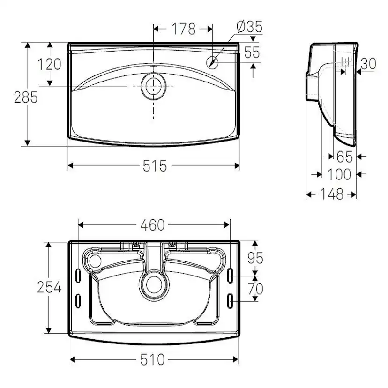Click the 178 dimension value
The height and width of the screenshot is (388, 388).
click(x=183, y=29)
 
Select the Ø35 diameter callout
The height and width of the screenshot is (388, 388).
click(x=249, y=27)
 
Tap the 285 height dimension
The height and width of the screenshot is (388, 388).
click(x=26, y=97)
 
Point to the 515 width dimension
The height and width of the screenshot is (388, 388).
click(x=155, y=166)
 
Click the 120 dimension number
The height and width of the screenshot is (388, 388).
click(x=49, y=64)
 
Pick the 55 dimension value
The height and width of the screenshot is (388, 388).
click(x=252, y=52)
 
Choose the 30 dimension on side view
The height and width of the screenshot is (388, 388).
click(x=368, y=64)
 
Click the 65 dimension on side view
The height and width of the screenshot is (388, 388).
click(x=345, y=157)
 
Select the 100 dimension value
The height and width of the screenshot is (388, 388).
click(x=339, y=174)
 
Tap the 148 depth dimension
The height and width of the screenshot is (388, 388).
click(x=332, y=194)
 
